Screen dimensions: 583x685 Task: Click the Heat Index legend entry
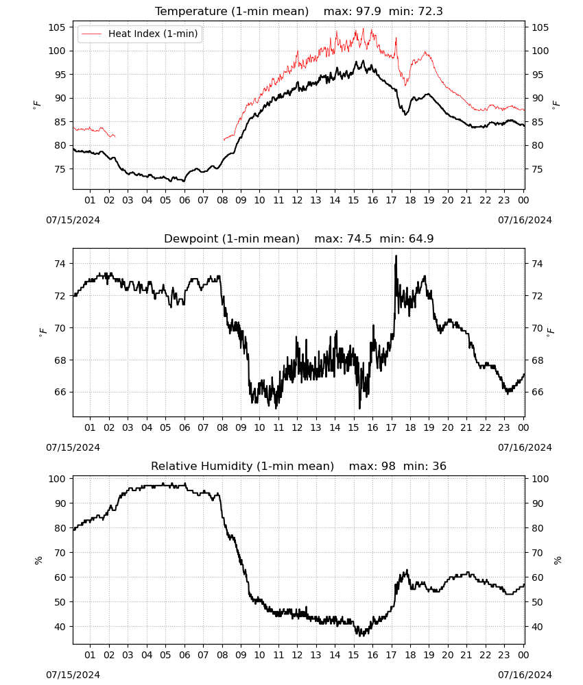140,34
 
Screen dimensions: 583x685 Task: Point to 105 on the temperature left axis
57,27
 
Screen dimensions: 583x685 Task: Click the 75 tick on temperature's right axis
537,169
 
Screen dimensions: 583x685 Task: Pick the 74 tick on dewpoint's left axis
60,264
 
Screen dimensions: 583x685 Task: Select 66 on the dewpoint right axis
537,392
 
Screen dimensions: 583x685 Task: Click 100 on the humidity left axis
57,479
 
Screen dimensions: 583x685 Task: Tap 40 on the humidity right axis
537,627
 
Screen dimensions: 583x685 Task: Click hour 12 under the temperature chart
297,200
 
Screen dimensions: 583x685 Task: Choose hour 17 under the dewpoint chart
391,427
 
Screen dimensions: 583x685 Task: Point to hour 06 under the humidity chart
184,655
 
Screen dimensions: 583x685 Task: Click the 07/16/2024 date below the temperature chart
525,220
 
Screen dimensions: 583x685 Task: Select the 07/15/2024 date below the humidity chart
73,675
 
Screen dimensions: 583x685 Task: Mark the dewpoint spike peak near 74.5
396,256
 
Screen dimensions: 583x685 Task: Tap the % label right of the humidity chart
557,560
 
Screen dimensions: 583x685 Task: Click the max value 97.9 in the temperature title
369,11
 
